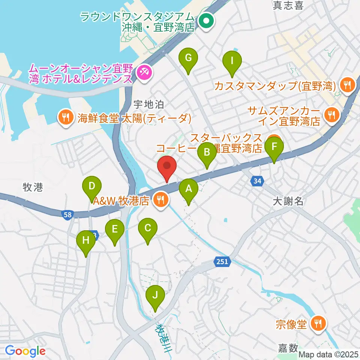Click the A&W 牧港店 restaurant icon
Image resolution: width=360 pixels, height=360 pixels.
(x=160, y=199)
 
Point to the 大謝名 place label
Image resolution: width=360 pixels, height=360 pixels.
(x=288, y=202)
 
